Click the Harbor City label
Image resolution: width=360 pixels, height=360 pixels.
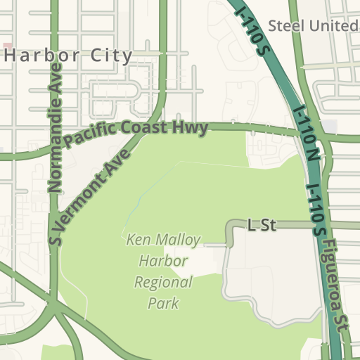click(68, 56)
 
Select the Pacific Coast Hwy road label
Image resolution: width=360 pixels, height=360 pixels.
click(136, 132)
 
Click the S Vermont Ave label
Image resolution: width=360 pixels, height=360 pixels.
click(90, 196)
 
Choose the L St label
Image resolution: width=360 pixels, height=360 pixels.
click(262, 225)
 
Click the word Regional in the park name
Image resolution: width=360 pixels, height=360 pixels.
click(163, 283)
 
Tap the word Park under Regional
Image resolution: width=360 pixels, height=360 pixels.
click(163, 304)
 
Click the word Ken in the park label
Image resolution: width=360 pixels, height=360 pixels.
click(138, 240)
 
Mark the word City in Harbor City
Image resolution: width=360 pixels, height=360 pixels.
click(111, 56)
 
